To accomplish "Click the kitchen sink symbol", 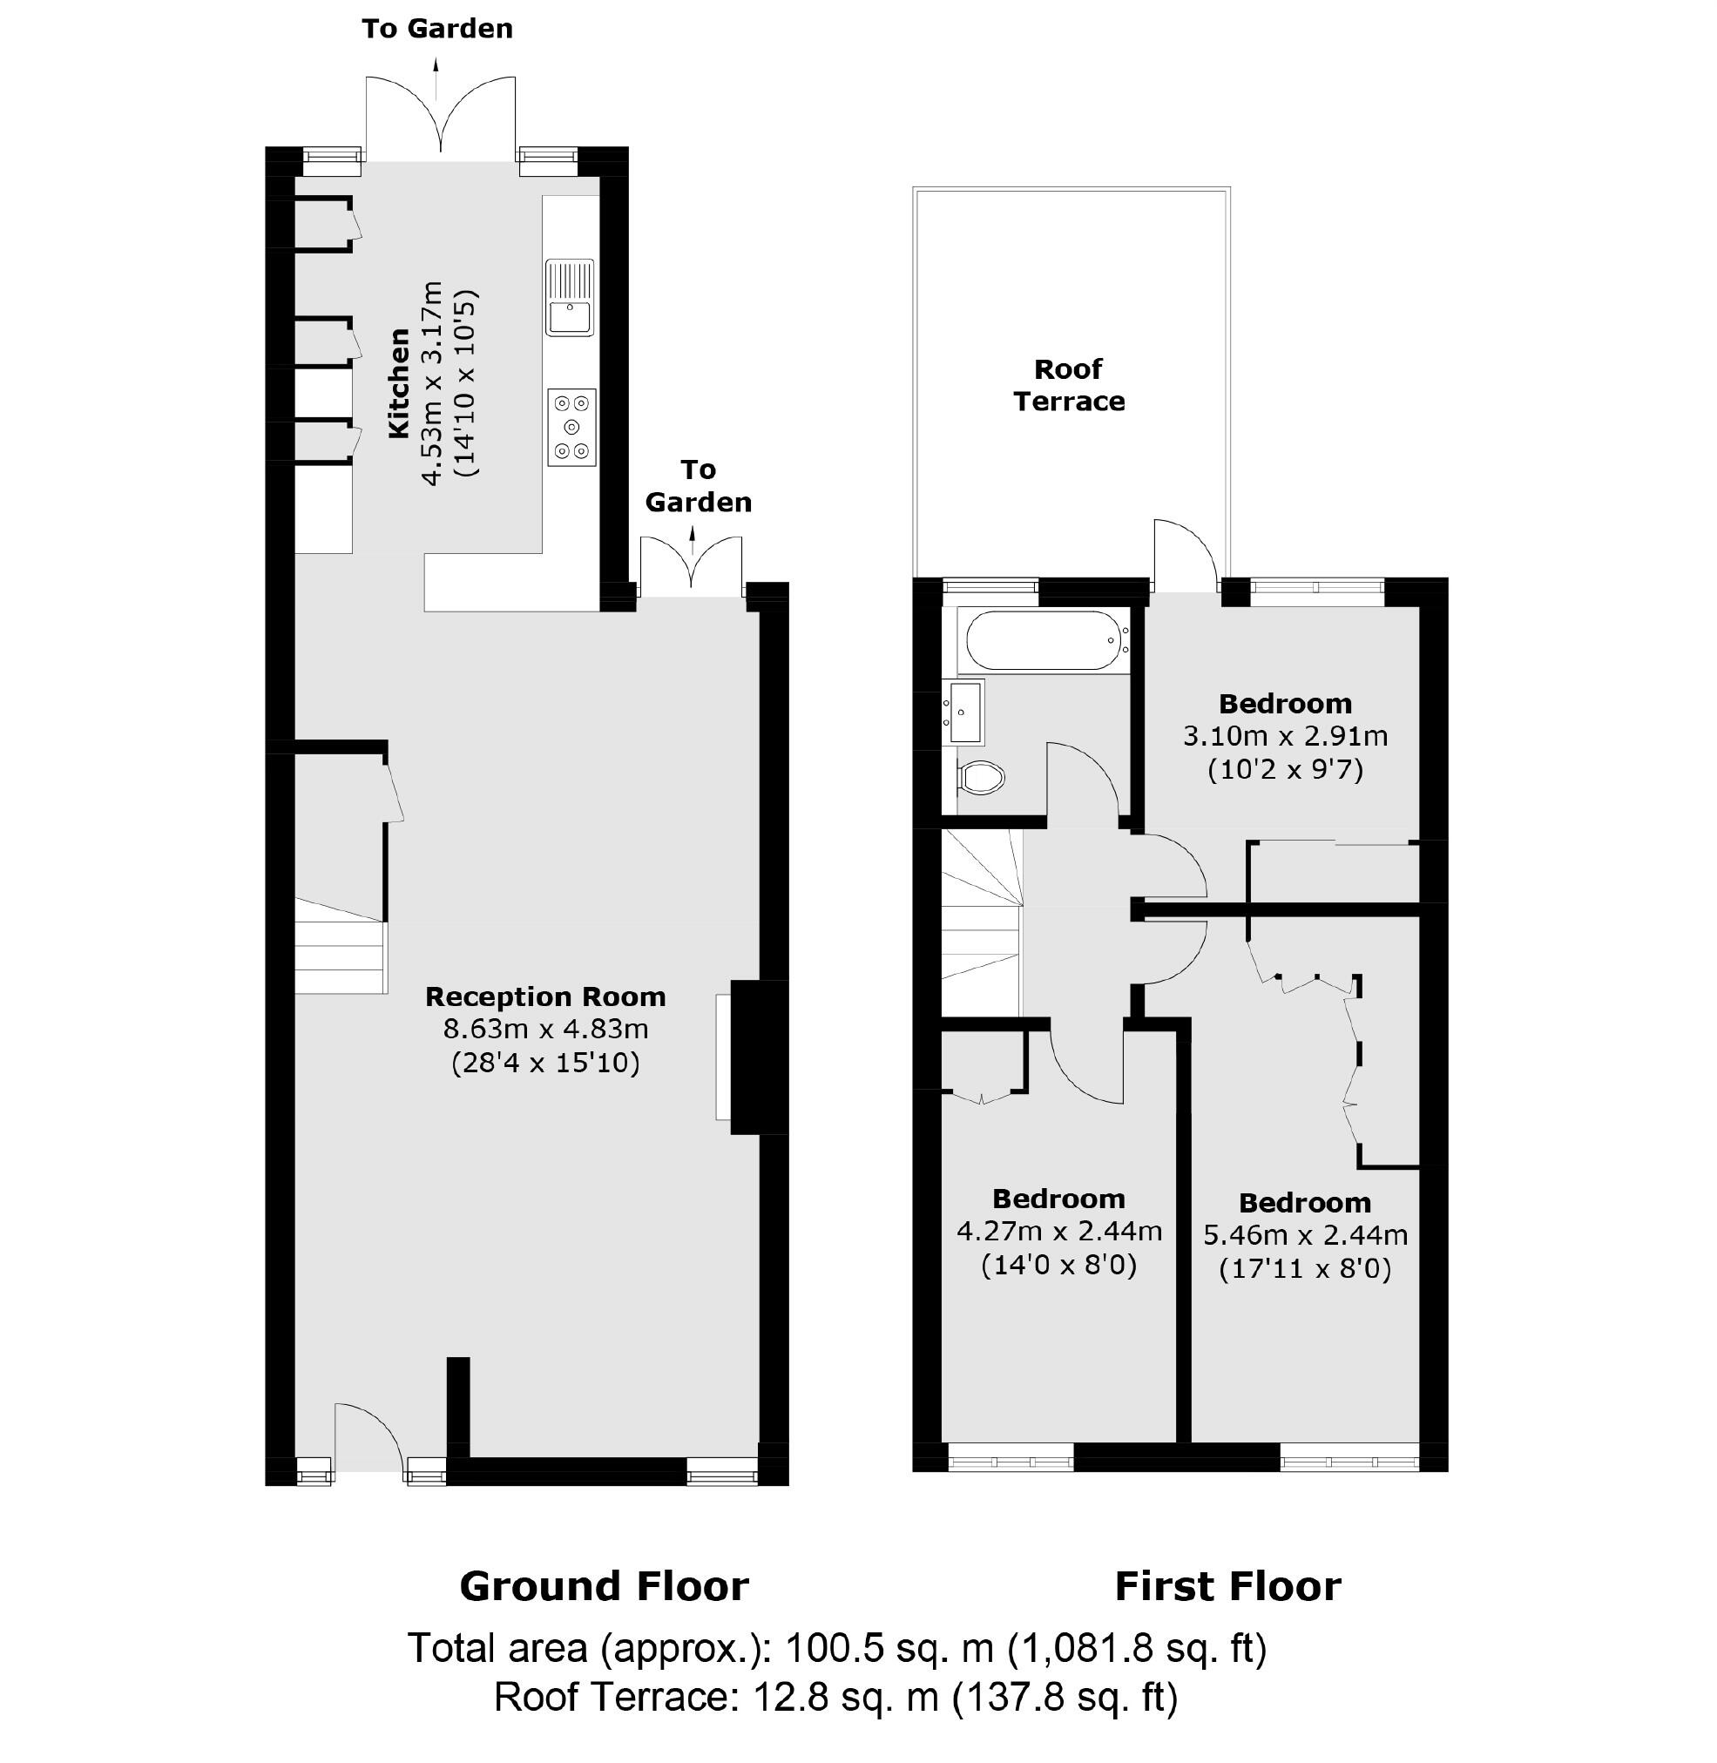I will click(x=570, y=299).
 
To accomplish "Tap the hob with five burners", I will click(x=571, y=428).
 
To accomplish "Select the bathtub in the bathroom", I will click(x=1044, y=640).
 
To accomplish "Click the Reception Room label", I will click(x=544, y=996).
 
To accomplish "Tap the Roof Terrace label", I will click(x=1069, y=385).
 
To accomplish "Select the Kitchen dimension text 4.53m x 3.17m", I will click(x=433, y=383).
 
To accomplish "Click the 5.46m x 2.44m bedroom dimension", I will click(x=1305, y=1234).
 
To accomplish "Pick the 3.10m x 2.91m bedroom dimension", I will click(x=1285, y=736).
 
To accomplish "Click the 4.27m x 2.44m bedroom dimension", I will click(x=1058, y=1231).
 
